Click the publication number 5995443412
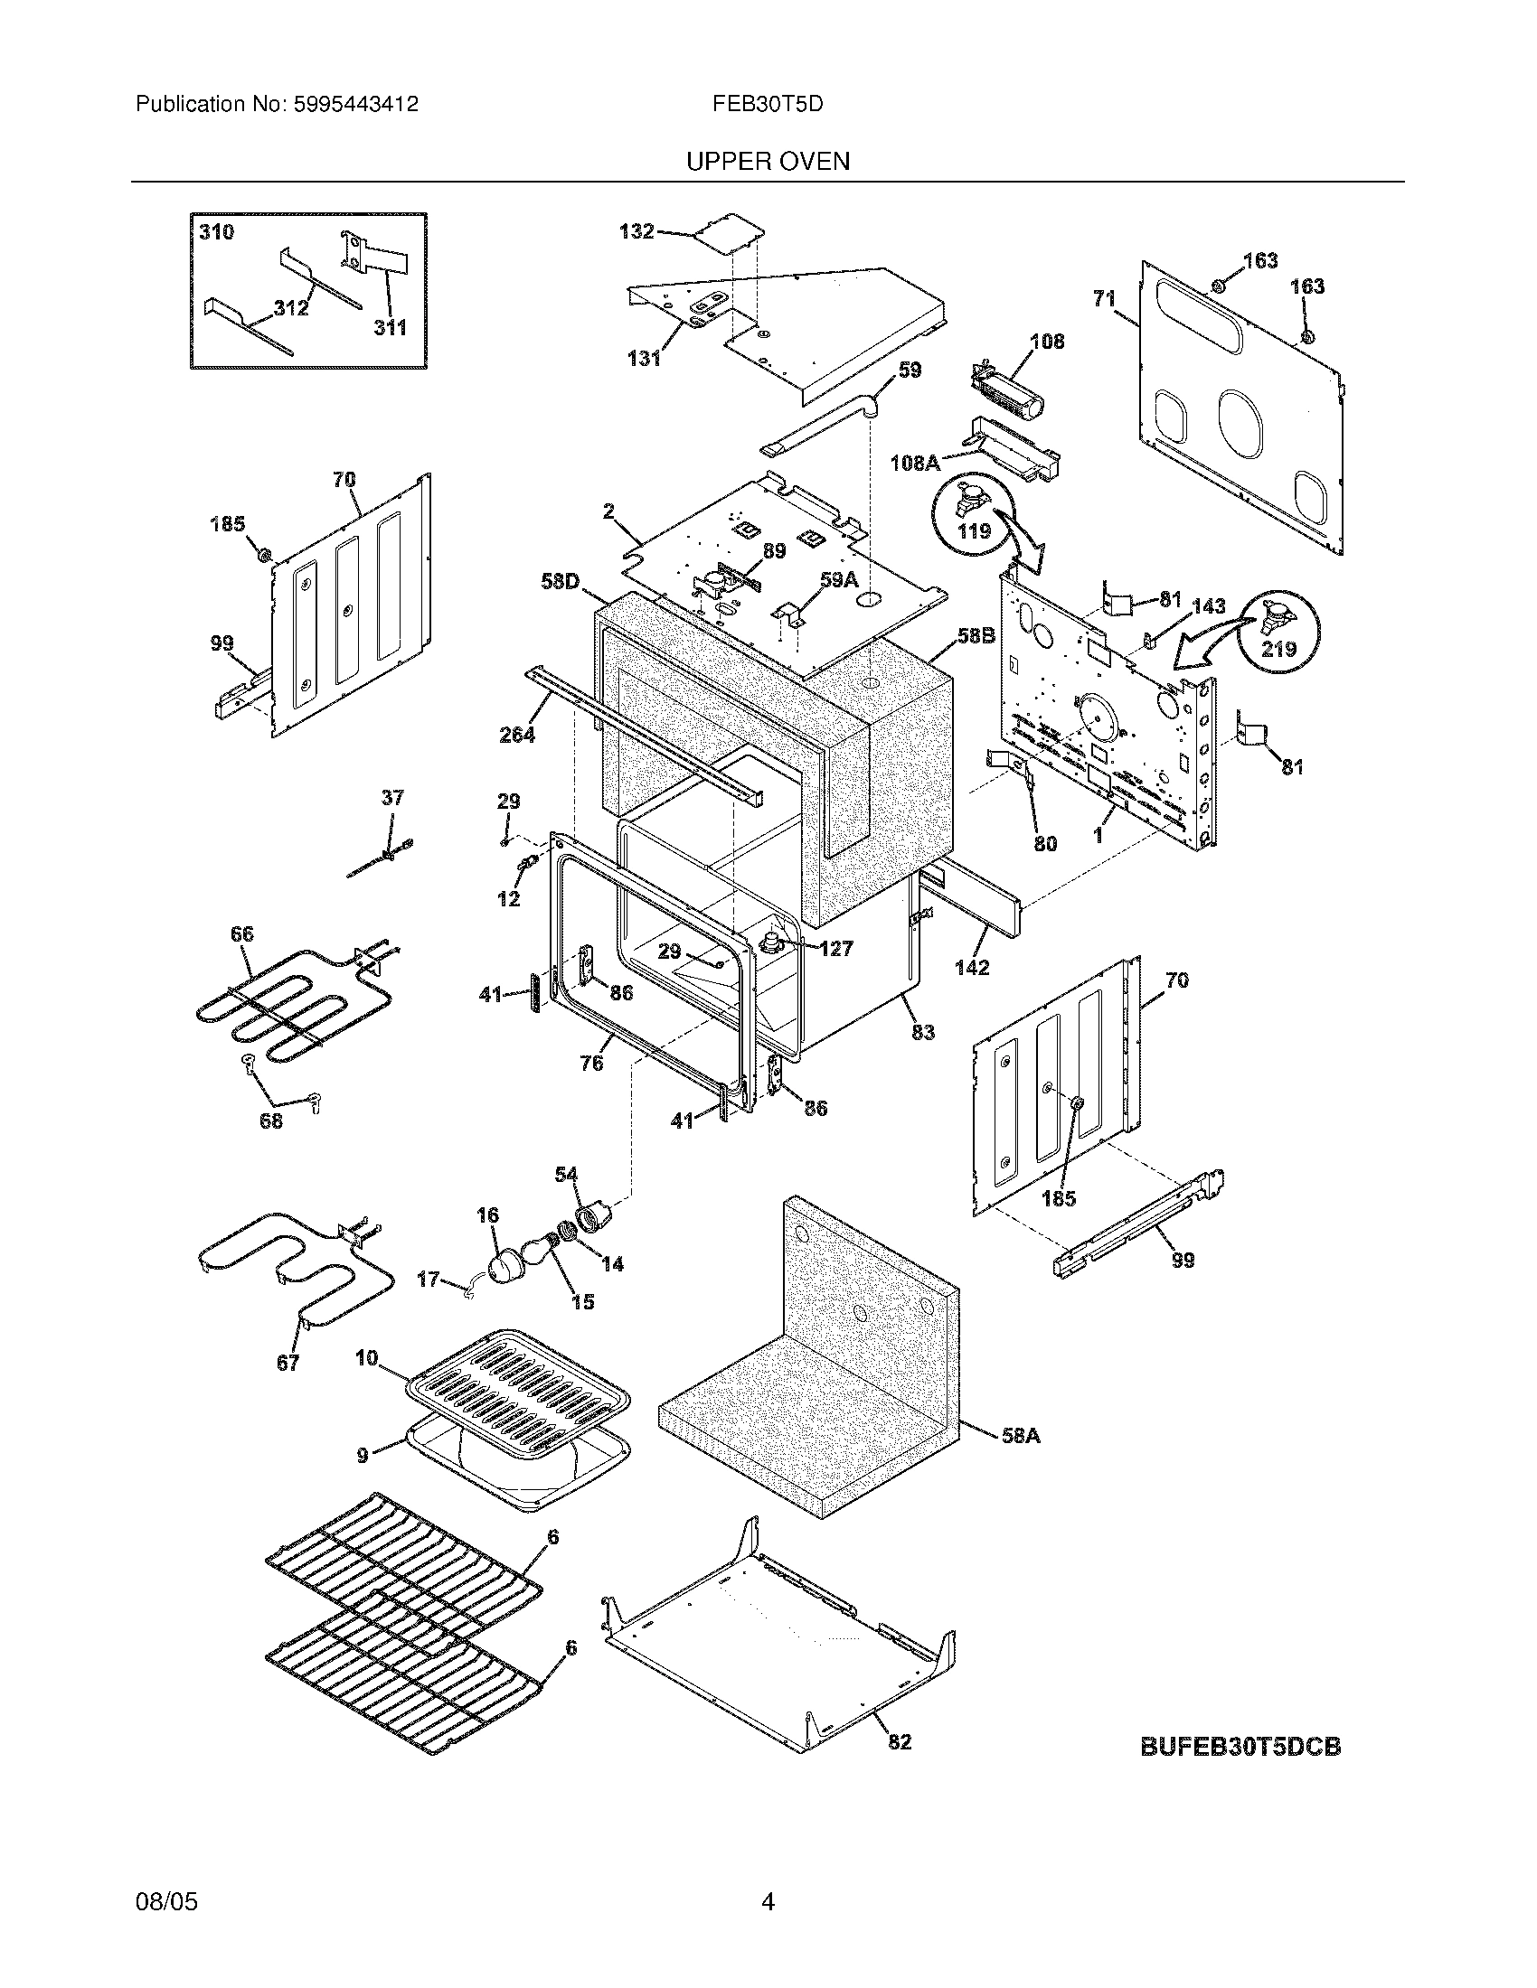(355, 105)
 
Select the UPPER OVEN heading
(768, 162)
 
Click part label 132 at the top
(636, 231)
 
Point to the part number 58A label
(1020, 1437)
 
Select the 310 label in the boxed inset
(216, 232)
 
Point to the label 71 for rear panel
(1104, 297)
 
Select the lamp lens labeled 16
(505, 1268)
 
